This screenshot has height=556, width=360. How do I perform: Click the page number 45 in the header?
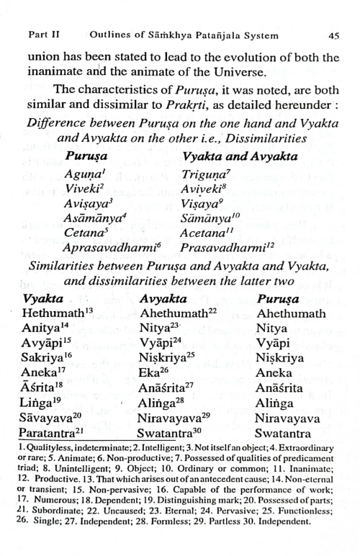(333, 35)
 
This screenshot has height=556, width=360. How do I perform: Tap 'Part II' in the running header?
(42, 35)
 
